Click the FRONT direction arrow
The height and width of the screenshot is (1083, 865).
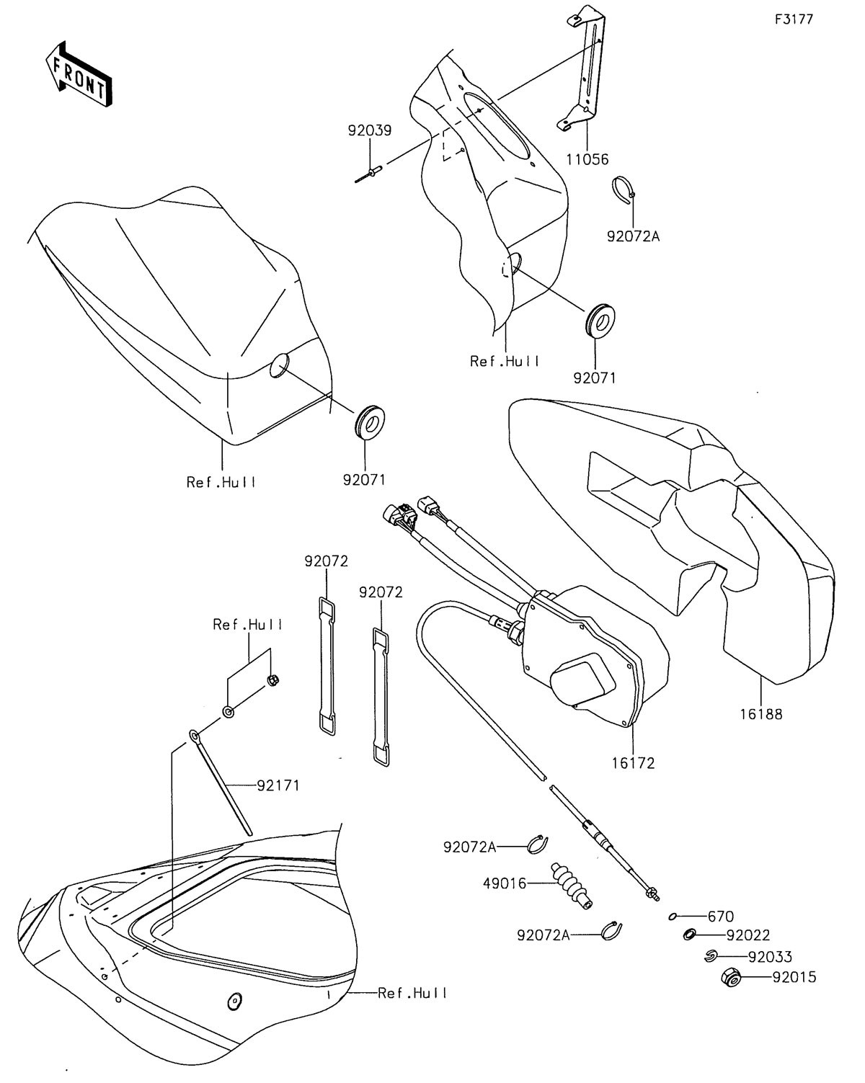click(78, 73)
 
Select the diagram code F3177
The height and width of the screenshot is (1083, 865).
click(794, 19)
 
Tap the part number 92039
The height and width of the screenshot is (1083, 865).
click(370, 131)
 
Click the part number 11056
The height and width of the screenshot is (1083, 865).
click(587, 159)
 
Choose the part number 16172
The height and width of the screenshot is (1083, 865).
click(633, 763)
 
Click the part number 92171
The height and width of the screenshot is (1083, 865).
click(278, 785)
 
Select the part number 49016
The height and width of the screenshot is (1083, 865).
click(505, 883)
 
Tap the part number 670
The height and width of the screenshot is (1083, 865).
click(721, 917)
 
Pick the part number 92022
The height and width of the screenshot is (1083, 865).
click(748, 935)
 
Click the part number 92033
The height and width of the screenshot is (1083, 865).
click(770, 956)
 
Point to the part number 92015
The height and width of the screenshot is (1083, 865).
click(794, 977)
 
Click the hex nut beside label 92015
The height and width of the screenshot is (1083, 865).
click(731, 978)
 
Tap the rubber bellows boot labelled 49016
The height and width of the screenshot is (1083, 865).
click(572, 886)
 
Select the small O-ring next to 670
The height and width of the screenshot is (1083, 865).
click(672, 917)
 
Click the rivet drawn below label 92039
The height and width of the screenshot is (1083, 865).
click(368, 174)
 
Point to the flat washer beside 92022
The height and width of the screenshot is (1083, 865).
click(689, 935)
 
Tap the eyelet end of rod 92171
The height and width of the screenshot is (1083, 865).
click(195, 736)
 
